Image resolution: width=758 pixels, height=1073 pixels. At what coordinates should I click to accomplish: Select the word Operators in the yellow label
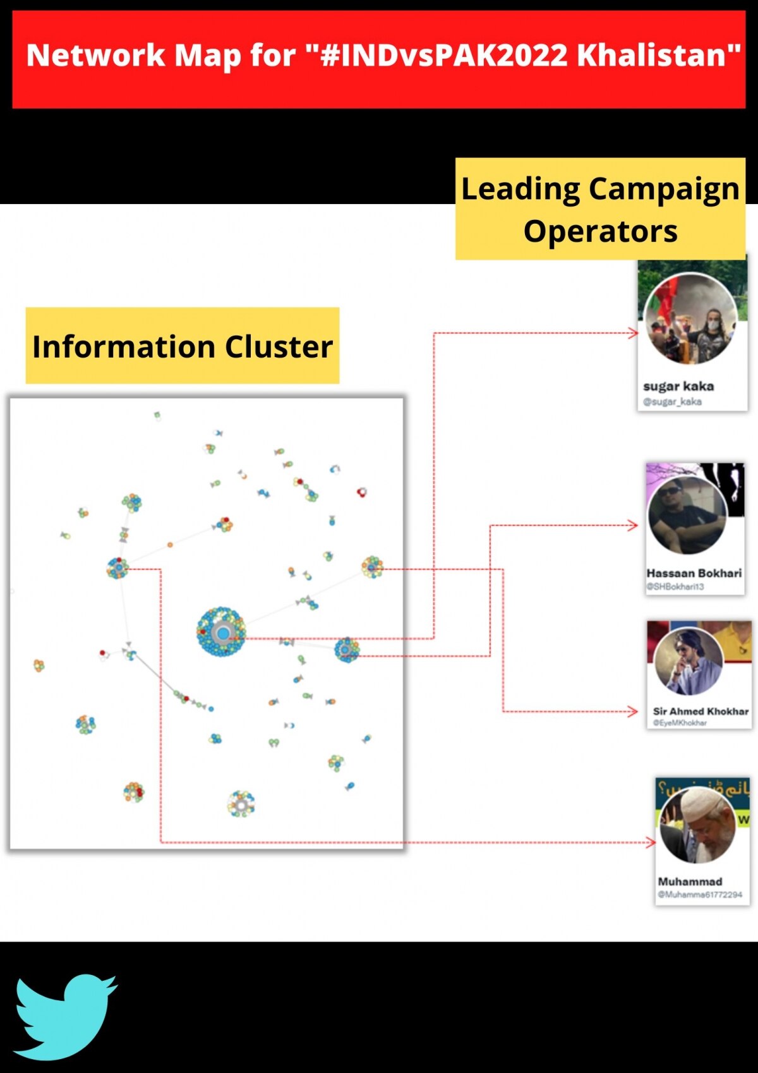pyautogui.click(x=600, y=231)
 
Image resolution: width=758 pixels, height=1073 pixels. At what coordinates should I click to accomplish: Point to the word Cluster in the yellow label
pyautogui.click(x=279, y=347)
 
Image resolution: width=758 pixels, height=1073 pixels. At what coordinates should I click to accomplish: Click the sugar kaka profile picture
pyautogui.click(x=691, y=318)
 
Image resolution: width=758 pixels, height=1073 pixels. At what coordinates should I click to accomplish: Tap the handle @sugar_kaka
pyautogui.click(x=672, y=402)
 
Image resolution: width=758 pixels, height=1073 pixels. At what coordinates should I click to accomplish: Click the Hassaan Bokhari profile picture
pyautogui.click(x=687, y=516)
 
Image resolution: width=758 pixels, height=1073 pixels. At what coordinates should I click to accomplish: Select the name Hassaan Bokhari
pyautogui.click(x=694, y=573)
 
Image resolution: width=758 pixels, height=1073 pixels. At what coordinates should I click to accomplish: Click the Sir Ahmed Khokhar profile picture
pyautogui.click(x=689, y=661)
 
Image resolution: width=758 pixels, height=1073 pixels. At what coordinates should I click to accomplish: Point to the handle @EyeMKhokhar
pyautogui.click(x=680, y=723)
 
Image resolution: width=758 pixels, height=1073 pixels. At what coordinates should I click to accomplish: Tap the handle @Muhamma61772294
pyautogui.click(x=700, y=895)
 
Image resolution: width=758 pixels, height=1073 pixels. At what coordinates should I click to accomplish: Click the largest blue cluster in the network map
pyautogui.click(x=221, y=631)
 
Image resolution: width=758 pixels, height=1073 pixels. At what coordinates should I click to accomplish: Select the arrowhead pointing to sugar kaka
pyautogui.click(x=634, y=333)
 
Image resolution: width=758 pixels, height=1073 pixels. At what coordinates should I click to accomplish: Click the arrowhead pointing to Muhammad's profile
pyautogui.click(x=651, y=842)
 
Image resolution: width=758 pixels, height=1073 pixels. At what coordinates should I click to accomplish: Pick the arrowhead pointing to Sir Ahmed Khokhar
pyautogui.click(x=634, y=712)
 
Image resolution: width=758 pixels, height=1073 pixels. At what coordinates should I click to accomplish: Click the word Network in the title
pyautogui.click(x=95, y=56)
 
